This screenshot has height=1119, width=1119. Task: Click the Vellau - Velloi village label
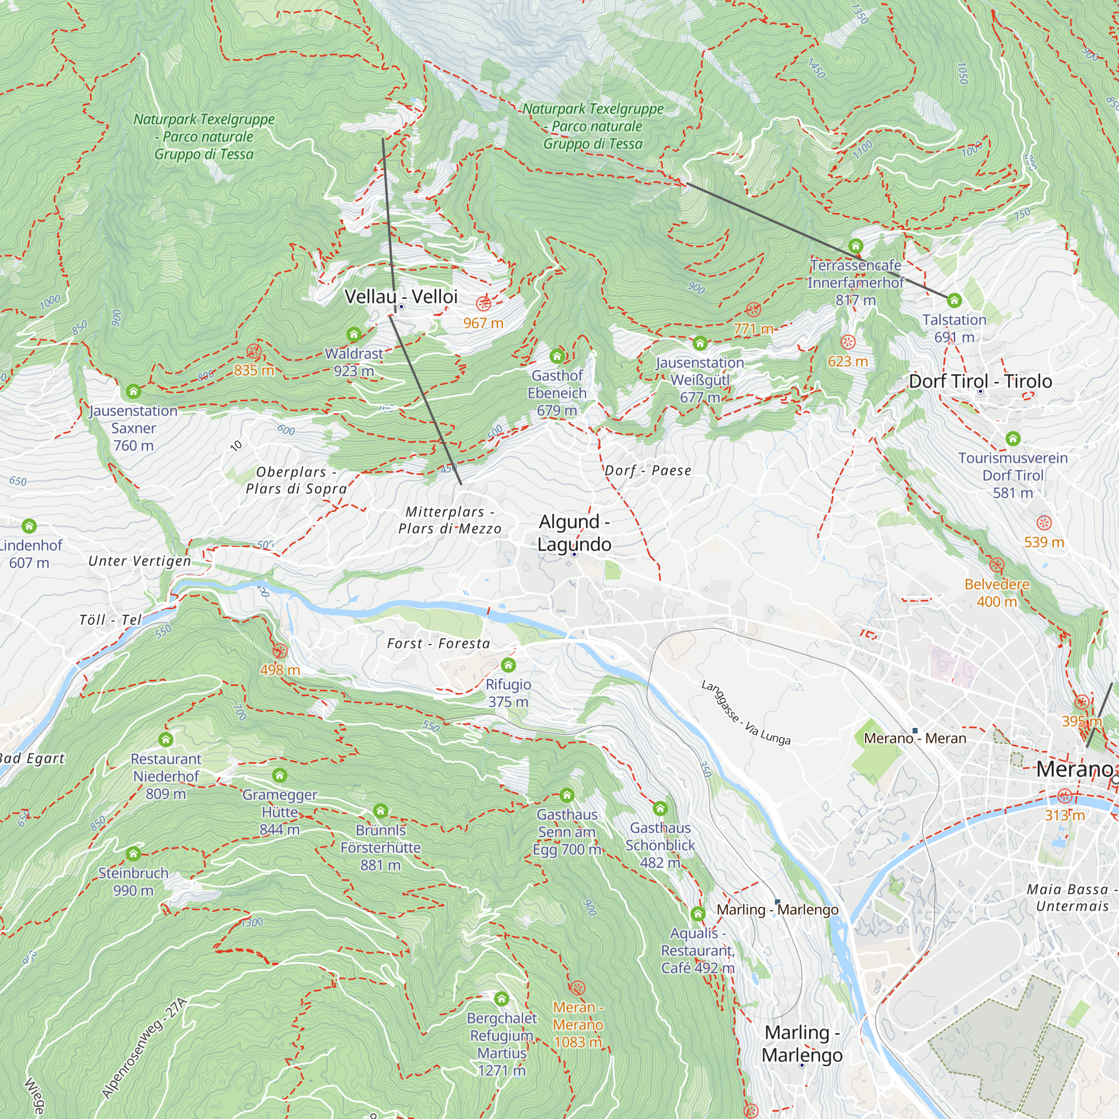[401, 297]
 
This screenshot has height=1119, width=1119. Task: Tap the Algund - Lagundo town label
[574, 533]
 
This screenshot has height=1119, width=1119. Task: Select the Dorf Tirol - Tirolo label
[980, 381]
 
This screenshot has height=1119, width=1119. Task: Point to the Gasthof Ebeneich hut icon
[557, 356]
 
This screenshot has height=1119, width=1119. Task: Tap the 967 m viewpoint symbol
[483, 303]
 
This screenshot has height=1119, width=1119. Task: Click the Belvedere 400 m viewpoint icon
[997, 565]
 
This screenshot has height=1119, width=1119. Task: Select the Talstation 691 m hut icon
[955, 300]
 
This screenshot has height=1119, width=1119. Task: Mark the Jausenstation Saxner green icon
[134, 392]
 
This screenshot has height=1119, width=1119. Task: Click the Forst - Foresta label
[439, 643]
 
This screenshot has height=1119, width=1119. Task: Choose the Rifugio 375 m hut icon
[509, 665]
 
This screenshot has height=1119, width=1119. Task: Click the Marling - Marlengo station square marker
[777, 902]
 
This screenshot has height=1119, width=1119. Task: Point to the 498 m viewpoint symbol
[280, 651]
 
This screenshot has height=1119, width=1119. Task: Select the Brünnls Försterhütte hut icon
[380, 810]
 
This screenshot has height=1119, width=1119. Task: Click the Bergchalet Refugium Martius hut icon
[501, 999]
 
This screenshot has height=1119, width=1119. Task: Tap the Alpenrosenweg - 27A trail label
[145, 1049]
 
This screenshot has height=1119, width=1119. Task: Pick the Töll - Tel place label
[111, 620]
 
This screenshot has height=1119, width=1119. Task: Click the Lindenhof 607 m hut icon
[29, 526]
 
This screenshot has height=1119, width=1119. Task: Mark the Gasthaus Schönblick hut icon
[660, 808]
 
